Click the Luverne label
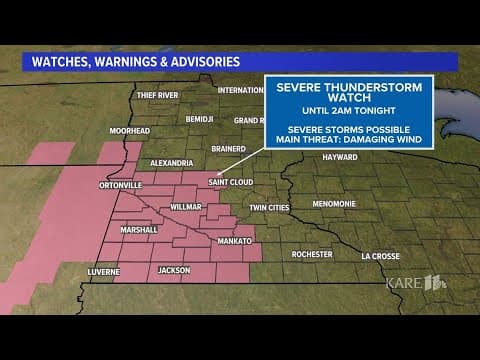click(x=102, y=271)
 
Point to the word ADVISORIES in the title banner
click(x=200, y=61)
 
